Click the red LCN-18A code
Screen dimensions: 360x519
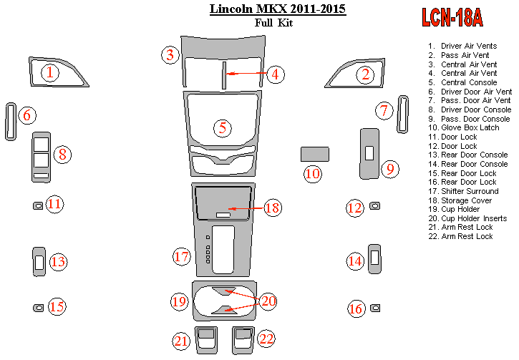click(452, 17)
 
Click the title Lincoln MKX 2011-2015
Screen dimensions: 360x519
click(277, 9)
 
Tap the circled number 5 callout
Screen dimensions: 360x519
click(223, 127)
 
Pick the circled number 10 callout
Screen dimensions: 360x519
click(312, 173)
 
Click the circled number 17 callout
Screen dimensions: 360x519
click(181, 256)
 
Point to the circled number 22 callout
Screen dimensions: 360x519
click(266, 339)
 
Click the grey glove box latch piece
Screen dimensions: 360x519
click(314, 154)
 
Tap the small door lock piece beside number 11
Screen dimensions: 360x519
click(37, 206)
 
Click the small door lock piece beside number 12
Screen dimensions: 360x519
click(374, 206)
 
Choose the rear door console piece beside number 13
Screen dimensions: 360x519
click(39, 261)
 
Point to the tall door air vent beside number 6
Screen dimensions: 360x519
click(11, 122)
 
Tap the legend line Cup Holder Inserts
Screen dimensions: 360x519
click(472, 218)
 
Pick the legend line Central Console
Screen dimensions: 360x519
click(468, 82)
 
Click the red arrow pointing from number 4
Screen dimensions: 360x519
click(247, 73)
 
